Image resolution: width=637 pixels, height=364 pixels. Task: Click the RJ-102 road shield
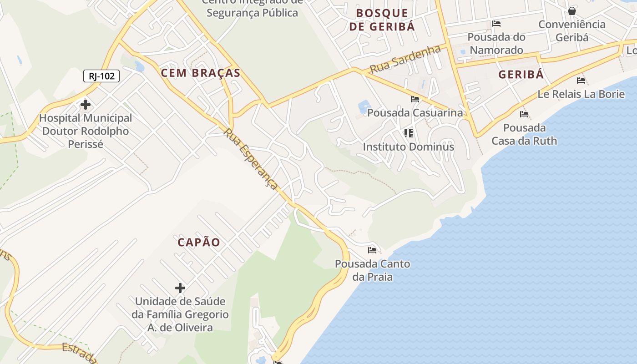point(101,76)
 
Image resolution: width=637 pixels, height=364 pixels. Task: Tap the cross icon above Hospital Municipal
point(85,105)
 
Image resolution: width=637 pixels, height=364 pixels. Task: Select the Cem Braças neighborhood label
point(201,73)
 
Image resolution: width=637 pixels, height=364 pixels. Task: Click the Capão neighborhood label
point(199,243)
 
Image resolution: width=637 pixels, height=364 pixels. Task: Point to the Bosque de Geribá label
point(382,20)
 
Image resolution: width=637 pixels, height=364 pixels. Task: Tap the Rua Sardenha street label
point(405,59)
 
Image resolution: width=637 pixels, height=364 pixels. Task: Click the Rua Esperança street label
point(251,159)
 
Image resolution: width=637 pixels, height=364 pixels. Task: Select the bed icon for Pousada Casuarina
point(415,99)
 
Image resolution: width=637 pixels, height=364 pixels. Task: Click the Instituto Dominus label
point(408,147)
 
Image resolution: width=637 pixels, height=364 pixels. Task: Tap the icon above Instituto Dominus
point(409,133)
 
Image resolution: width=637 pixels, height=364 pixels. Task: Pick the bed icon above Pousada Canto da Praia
point(372,250)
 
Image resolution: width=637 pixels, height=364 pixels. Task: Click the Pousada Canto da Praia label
point(372,270)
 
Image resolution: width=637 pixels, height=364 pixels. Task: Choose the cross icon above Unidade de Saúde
point(180,288)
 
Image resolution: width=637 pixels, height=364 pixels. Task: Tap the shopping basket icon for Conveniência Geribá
point(572,10)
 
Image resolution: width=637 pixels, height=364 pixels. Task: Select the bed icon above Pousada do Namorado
point(496,24)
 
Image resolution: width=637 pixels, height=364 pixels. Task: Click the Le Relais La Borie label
point(581,94)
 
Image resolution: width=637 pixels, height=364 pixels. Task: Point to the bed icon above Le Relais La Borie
point(581,81)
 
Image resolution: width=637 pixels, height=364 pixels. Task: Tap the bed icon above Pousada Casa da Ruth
point(524,114)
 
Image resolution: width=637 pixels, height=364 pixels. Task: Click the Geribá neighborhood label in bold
point(521,75)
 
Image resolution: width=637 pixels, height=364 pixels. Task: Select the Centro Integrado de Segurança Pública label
point(252,8)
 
